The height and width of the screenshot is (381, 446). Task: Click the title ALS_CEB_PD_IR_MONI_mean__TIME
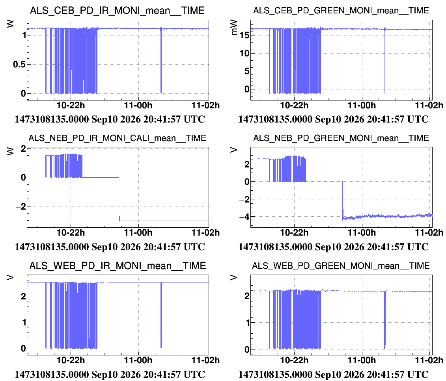117,11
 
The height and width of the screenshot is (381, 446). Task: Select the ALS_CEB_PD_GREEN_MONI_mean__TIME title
341,11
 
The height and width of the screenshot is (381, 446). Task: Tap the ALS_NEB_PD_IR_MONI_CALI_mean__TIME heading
117,138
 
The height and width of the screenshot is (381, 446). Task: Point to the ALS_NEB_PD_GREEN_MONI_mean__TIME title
341,138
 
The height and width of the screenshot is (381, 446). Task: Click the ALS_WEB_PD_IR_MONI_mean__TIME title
118,266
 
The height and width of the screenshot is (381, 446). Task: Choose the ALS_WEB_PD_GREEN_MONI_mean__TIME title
341,266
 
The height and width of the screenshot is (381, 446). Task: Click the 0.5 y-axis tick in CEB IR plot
19,65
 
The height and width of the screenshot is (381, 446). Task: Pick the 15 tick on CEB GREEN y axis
244,35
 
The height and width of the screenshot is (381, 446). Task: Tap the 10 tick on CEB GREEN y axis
244,53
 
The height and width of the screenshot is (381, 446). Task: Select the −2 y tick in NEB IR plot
21,206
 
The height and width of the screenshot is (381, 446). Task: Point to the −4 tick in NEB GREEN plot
244,217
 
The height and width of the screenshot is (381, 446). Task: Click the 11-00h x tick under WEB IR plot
138,360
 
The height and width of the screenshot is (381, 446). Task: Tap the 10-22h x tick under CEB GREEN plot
294,106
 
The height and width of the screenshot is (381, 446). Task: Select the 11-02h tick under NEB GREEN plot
429,233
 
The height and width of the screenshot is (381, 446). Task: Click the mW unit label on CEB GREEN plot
234,27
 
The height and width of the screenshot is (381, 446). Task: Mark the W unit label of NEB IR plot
10,151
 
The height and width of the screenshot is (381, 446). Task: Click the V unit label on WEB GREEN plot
234,278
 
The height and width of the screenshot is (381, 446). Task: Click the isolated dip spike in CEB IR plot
161,60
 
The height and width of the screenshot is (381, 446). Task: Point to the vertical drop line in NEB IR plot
119,199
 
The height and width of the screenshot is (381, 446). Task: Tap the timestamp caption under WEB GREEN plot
333,374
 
